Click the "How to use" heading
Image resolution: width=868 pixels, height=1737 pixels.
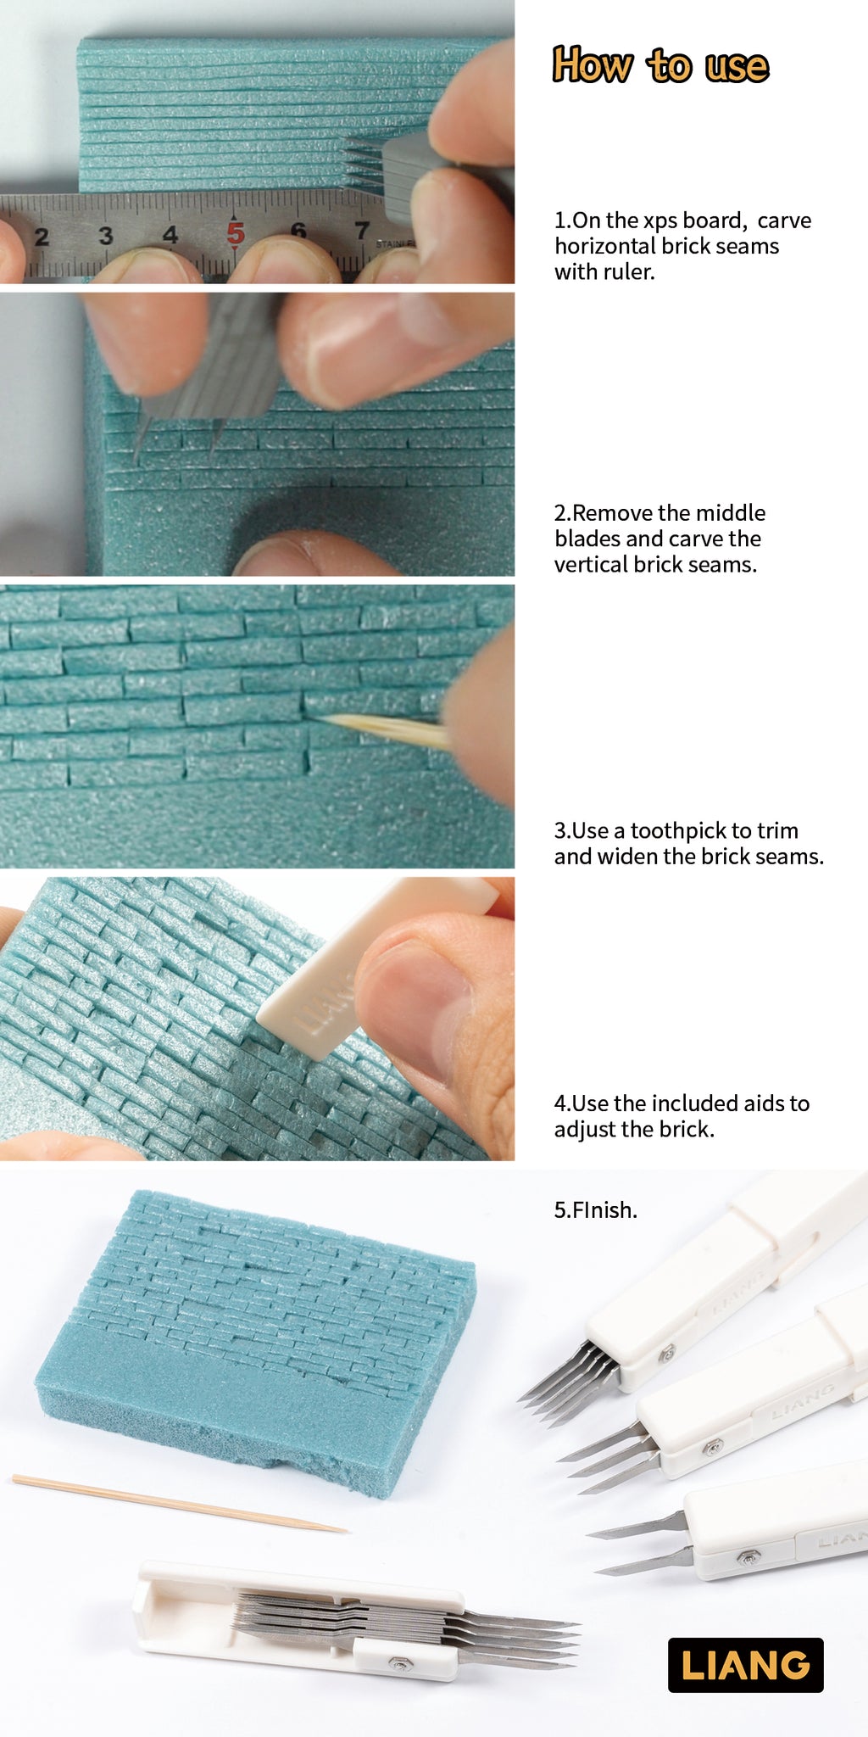tap(660, 65)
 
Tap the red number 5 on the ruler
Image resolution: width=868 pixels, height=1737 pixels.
tap(235, 232)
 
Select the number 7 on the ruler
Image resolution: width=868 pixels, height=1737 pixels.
tap(362, 229)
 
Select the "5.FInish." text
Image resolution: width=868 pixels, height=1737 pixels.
tap(595, 1209)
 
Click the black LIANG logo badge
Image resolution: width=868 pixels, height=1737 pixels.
tap(745, 1665)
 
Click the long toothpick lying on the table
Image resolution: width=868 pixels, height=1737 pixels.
tap(178, 1503)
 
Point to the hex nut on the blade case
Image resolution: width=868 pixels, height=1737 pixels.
tap(397, 1664)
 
